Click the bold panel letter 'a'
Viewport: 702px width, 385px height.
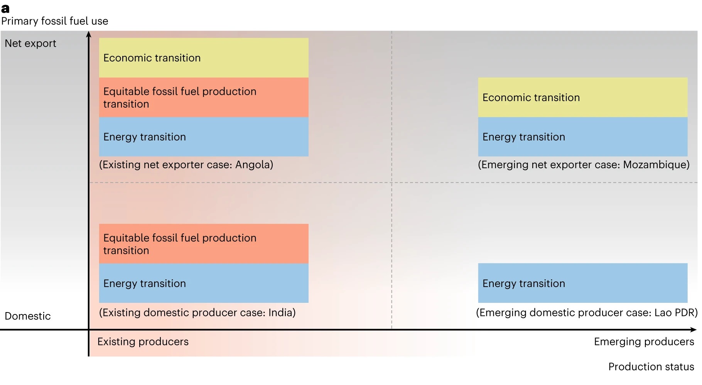tap(5, 8)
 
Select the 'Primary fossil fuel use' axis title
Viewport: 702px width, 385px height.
tap(55, 21)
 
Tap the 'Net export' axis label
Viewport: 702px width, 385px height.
tap(30, 43)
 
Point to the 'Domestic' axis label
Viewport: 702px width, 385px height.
tap(28, 316)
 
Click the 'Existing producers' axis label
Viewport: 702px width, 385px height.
tap(143, 342)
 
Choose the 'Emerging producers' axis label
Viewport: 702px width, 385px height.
tap(644, 342)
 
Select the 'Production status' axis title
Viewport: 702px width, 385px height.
tap(651, 366)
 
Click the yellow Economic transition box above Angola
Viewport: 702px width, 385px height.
tap(204, 57)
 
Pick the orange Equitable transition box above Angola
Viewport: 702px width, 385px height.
tap(204, 97)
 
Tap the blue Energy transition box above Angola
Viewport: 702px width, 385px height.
tap(204, 137)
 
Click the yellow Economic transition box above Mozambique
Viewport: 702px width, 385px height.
tap(583, 97)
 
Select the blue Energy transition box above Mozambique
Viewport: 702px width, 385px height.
tap(583, 137)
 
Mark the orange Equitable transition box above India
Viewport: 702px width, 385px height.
tap(204, 244)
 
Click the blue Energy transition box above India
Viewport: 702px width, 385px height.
tap(204, 283)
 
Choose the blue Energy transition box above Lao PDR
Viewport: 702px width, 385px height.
tap(583, 283)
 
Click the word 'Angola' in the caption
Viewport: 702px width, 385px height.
tap(252, 165)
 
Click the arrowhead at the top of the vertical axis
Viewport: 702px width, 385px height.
tap(89, 34)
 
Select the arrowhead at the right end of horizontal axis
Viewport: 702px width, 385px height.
tap(694, 330)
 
